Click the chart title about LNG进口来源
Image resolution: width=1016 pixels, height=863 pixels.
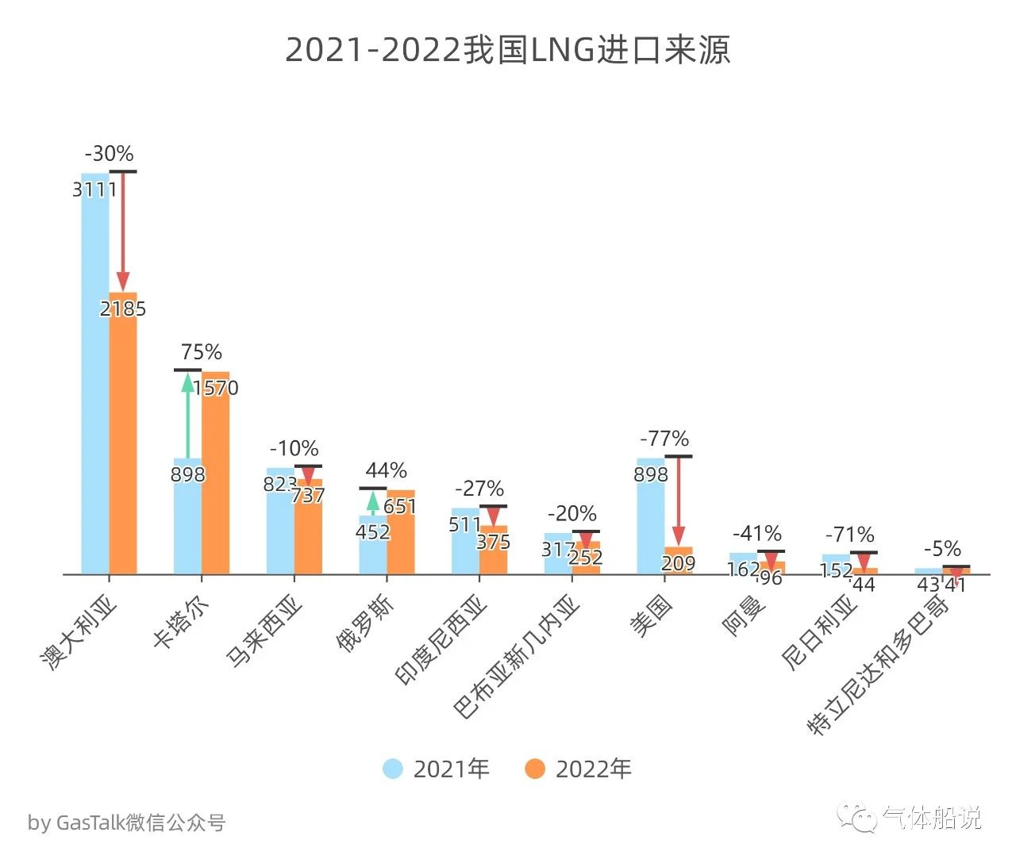click(507, 50)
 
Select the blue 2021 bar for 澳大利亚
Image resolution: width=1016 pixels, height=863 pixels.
click(95, 373)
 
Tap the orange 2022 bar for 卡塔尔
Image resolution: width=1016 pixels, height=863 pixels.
click(215, 476)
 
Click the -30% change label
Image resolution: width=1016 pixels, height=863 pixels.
click(109, 154)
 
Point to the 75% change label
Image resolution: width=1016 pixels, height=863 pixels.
click(201, 352)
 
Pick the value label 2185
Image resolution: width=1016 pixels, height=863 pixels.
click(123, 309)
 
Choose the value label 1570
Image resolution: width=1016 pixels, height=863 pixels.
click(215, 388)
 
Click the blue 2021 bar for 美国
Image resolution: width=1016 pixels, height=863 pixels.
click(651, 524)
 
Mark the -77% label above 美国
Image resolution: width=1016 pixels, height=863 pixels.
click(664, 439)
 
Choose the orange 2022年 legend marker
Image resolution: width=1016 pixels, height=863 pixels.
click(535, 769)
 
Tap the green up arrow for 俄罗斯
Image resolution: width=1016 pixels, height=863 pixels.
click(372, 502)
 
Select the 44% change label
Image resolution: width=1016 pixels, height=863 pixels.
click(386, 471)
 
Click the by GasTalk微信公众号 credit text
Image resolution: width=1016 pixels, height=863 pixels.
click(127, 823)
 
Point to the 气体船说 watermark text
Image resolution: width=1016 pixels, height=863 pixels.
click(932, 818)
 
